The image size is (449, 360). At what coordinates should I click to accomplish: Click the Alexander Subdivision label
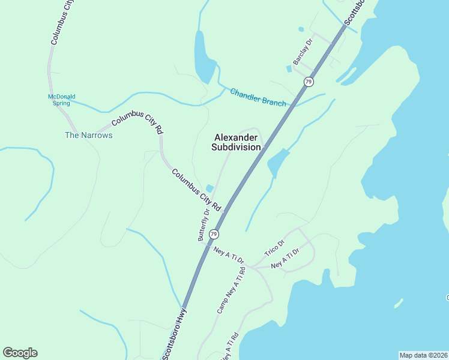(237, 142)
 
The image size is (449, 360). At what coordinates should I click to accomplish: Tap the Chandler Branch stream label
(258, 97)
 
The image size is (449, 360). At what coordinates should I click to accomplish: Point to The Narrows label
(88, 135)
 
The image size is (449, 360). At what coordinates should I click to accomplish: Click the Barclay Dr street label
(303, 52)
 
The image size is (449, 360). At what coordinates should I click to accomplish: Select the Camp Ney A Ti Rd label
(231, 292)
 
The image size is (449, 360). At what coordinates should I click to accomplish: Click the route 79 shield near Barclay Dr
(309, 81)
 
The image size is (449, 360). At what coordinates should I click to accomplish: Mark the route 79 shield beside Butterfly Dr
(214, 234)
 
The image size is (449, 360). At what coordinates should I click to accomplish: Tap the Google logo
(20, 353)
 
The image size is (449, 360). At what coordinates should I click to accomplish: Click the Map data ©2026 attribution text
(423, 355)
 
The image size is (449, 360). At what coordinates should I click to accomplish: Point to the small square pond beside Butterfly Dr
(209, 188)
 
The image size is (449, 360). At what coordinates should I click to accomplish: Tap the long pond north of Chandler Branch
(203, 57)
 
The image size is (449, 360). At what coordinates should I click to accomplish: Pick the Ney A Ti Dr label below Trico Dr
(285, 259)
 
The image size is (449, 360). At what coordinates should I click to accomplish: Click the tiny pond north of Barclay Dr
(301, 29)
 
